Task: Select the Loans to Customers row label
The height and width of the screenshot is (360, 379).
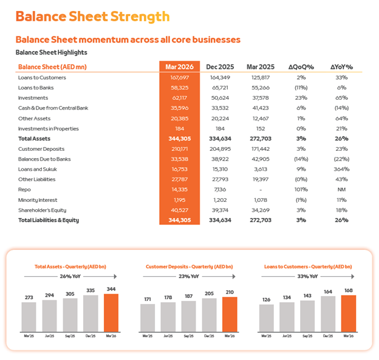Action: [x=42, y=77]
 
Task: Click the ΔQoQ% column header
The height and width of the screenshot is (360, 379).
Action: [x=301, y=67]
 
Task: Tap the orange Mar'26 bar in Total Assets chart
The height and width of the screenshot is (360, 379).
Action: [x=111, y=313]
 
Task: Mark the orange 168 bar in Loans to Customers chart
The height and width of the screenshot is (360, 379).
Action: [x=349, y=313]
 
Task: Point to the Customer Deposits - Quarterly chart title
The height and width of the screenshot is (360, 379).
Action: [x=189, y=266]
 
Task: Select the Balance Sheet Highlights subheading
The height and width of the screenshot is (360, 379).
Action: [x=51, y=53]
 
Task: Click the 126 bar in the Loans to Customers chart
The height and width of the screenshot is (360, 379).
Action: [x=266, y=317]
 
